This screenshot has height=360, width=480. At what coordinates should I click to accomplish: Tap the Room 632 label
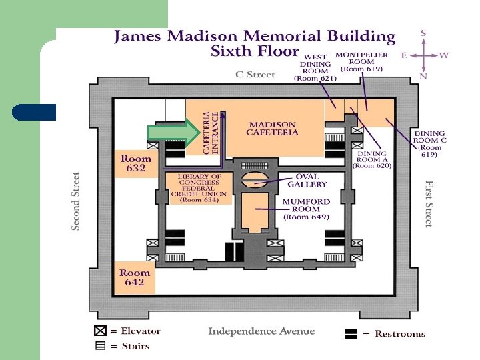tap(136, 163)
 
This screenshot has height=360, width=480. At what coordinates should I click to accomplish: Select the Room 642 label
tap(135, 277)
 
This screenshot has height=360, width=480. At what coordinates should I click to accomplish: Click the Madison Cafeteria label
tap(272, 129)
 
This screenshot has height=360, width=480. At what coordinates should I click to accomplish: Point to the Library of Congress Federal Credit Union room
tap(199, 188)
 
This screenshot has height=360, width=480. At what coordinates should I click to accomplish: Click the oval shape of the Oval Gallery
tap(255, 180)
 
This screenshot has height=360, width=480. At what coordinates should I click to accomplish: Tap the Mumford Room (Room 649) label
tap(306, 209)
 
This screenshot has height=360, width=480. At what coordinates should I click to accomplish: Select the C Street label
tap(255, 75)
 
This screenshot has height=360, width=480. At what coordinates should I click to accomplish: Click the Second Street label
tap(75, 201)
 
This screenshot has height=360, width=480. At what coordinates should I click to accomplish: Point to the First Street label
tap(429, 204)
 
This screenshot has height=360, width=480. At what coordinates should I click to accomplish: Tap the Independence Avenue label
tap(261, 331)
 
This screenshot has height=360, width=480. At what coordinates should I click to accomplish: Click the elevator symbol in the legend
tap(100, 331)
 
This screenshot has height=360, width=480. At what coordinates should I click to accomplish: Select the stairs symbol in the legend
tap(100, 345)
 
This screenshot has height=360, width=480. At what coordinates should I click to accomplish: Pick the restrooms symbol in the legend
tap(351, 334)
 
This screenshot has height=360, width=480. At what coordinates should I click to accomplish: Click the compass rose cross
tap(424, 56)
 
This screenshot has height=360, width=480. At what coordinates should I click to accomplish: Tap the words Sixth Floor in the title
tap(255, 51)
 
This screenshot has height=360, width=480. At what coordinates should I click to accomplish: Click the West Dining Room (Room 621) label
tap(315, 67)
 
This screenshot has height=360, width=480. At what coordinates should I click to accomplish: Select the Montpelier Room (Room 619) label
tap(361, 62)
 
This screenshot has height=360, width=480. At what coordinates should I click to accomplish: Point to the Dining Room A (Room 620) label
tap(372, 159)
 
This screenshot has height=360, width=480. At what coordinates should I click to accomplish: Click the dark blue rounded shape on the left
tap(34, 113)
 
